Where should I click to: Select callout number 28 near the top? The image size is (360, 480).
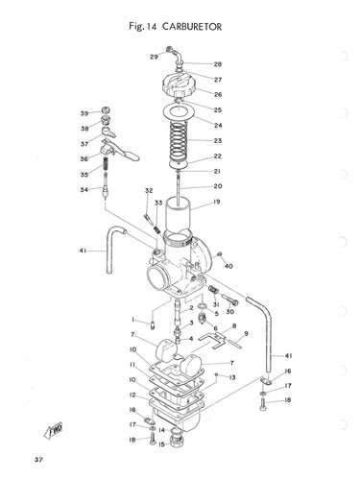(x=218, y=64)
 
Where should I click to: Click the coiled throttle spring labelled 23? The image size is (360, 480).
(x=179, y=141)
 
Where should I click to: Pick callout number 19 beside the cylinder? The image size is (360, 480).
(x=218, y=202)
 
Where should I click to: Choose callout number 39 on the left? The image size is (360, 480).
(x=84, y=113)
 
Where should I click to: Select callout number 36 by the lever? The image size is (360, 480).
(x=84, y=159)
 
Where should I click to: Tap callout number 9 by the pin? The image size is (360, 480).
(x=246, y=333)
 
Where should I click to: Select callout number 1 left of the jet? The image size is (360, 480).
(x=132, y=319)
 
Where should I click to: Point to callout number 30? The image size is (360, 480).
(x=229, y=312)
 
